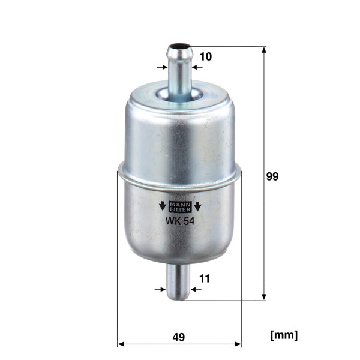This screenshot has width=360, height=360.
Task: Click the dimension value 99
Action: [x=273, y=177]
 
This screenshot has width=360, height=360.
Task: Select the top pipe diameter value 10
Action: [x=206, y=56]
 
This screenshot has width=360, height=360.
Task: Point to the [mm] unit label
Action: [x=284, y=335]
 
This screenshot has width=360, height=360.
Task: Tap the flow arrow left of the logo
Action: [x=162, y=208]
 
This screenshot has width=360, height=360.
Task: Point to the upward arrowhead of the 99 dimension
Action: [x=264, y=50]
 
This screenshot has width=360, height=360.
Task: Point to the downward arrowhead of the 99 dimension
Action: [x=264, y=296]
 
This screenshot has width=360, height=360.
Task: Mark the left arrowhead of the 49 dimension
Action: [x=121, y=344]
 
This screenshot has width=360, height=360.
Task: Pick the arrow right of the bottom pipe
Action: [x=196, y=289]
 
